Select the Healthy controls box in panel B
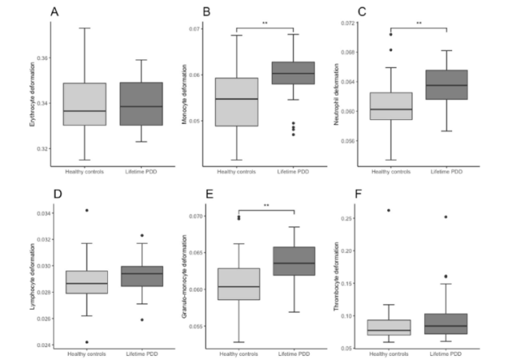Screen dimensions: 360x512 240,102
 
